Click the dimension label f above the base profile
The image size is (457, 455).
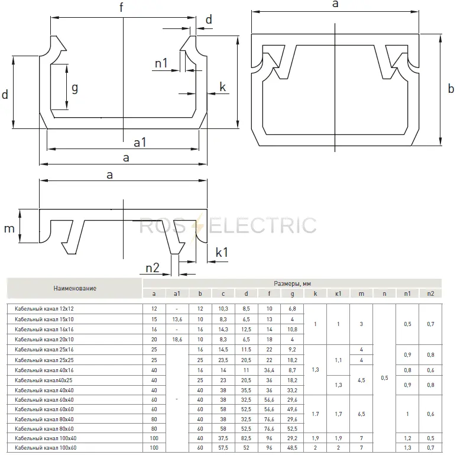(x=121, y=7)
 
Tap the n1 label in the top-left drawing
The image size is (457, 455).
(x=161, y=63)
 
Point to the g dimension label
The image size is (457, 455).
(x=75, y=88)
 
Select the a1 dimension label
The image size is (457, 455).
(x=140, y=143)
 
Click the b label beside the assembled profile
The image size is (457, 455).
(x=450, y=88)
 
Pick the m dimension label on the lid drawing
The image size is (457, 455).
(x=9, y=228)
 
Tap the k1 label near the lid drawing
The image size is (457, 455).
(x=222, y=252)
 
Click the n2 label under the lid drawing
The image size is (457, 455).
(x=153, y=267)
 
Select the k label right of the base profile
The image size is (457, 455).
(x=222, y=87)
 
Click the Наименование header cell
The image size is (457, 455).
(x=74, y=288)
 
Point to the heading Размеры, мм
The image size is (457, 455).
(x=292, y=283)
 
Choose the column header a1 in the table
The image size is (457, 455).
(x=177, y=293)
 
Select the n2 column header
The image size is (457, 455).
(x=430, y=293)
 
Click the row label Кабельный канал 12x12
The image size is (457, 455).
(x=44, y=309)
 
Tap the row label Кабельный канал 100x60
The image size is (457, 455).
(x=46, y=448)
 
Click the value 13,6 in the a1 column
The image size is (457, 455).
(x=177, y=320)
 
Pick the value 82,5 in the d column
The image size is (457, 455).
(x=246, y=438)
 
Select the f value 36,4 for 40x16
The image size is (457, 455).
(x=269, y=370)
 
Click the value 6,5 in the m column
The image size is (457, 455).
(x=361, y=414)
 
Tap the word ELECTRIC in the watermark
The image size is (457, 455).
(x=262, y=225)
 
